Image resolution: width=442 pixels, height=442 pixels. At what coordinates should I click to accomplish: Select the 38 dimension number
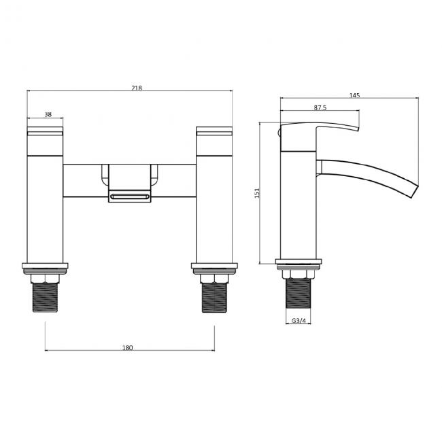click(48, 115)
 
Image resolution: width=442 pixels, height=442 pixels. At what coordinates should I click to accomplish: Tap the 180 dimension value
click(127, 347)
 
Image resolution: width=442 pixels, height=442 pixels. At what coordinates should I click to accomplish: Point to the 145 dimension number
click(354, 95)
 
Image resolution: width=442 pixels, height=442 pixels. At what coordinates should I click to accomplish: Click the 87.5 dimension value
click(321, 107)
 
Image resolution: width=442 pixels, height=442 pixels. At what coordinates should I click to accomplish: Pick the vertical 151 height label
click(256, 193)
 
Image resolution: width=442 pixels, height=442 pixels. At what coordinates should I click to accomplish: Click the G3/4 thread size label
click(298, 321)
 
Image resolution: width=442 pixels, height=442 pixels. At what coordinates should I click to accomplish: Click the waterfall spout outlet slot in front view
click(129, 197)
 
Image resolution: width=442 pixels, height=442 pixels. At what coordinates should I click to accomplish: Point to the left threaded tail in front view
click(45, 297)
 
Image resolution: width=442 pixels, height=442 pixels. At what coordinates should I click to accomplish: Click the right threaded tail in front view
click(214, 297)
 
